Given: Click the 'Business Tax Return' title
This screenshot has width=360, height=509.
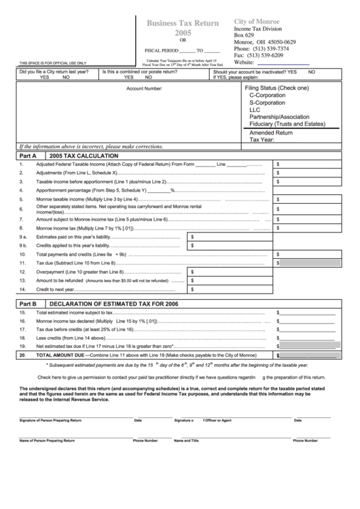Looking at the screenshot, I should point(183,23).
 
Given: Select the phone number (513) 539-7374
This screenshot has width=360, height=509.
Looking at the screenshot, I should point(270,49).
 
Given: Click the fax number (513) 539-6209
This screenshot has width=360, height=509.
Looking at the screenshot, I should point(268,55).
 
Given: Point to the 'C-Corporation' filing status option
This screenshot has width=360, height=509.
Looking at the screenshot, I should point(268,96).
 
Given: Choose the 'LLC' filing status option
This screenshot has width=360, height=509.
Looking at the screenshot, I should point(255,109).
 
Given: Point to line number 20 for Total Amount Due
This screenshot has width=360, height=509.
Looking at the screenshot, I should point(22,355).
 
